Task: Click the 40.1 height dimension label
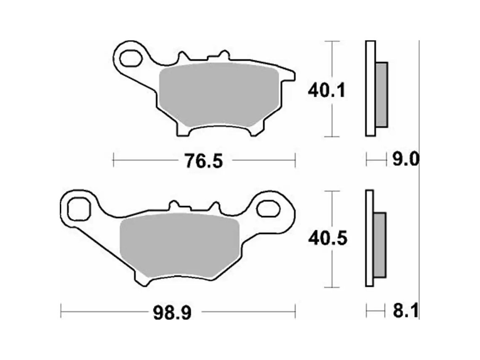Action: (x=327, y=91)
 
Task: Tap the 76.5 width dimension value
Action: (x=203, y=161)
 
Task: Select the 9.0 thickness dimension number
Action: (x=405, y=160)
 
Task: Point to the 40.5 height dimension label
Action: (x=328, y=238)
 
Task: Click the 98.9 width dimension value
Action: (x=172, y=313)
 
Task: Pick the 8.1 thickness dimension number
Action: (x=405, y=312)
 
